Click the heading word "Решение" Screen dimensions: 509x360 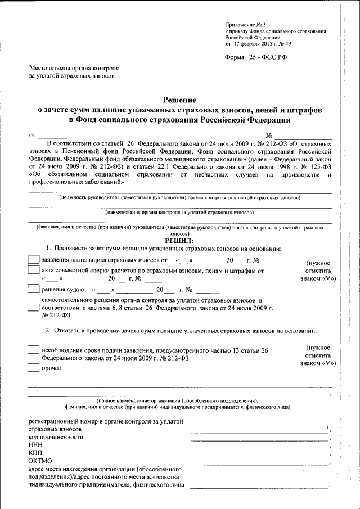(x=180, y=98)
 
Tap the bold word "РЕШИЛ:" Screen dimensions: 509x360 (x=179, y=240)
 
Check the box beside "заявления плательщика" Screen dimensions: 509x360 (x=34, y=260)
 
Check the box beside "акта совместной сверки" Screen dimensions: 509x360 (x=34, y=270)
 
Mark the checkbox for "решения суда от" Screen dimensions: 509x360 (x=34, y=290)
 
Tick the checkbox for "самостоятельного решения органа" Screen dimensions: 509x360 (x=34, y=307)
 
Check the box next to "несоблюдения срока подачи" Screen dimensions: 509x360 (x=34, y=350)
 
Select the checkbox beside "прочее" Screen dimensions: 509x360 (x=34, y=368)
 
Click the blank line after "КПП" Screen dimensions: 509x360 (x=259, y=456)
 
